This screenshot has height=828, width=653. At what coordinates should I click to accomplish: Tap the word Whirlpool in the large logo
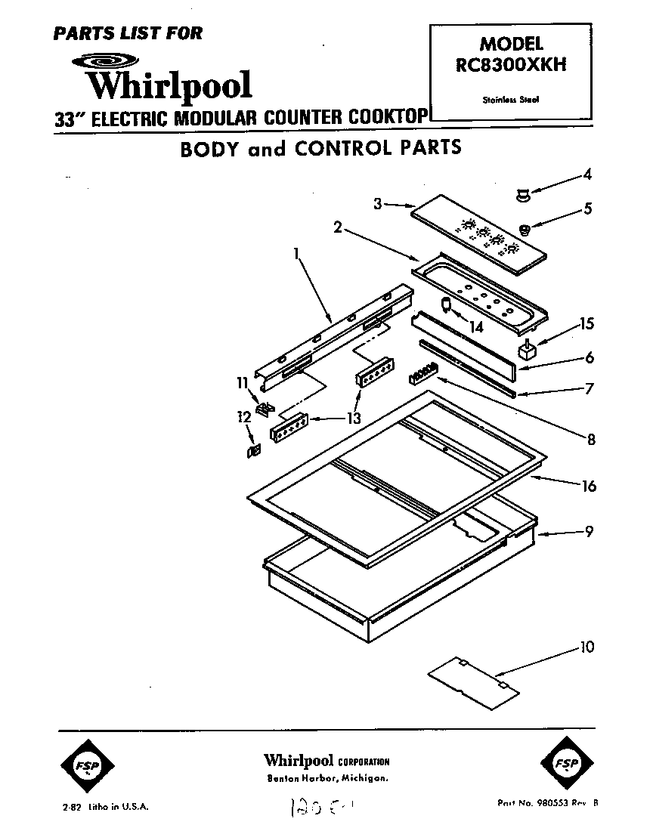tap(169, 84)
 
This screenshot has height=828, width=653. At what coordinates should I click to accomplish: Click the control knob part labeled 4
tap(521, 196)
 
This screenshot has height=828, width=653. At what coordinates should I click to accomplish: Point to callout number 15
tap(586, 324)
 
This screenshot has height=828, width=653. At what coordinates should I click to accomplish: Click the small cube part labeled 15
tap(525, 351)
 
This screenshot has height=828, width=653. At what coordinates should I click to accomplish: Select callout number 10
tap(587, 647)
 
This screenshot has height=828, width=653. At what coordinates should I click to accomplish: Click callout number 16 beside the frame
tap(587, 486)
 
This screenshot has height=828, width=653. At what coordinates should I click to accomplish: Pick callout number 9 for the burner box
tap(588, 531)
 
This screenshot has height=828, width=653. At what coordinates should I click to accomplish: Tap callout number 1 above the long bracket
tap(296, 255)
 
